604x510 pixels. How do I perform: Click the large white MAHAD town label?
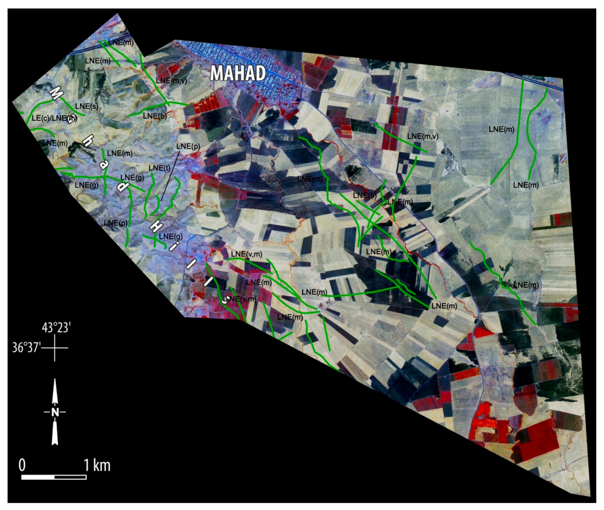tap(238, 73)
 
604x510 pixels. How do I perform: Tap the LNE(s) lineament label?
tap(86, 106)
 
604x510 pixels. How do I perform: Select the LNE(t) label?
tap(160, 168)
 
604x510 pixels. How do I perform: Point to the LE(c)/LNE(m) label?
tap(54, 118)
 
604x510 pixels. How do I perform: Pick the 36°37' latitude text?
tap(26, 347)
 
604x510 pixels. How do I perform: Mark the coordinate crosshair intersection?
tap(55, 347)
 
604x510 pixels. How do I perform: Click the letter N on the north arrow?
tap(55, 412)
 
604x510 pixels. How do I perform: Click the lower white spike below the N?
tap(55, 437)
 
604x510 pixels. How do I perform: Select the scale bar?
tap(54, 477)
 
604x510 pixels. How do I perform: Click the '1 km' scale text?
tap(97, 466)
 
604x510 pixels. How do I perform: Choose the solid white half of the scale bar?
tap(38, 477)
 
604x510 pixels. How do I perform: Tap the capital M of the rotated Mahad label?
tap(55, 93)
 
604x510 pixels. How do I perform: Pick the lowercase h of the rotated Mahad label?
tap(86, 141)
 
